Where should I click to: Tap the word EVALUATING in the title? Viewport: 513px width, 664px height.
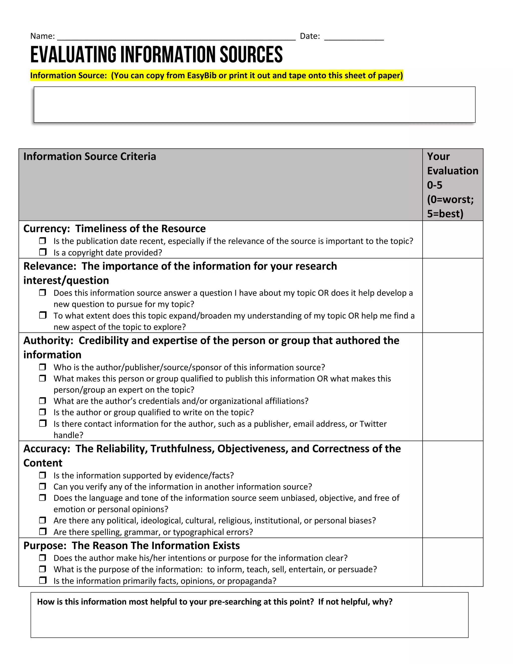[73, 55]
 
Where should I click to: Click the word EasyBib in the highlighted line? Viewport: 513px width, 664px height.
[201, 75]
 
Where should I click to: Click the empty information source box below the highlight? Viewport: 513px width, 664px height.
[254, 104]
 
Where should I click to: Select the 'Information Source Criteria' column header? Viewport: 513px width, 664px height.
[90, 156]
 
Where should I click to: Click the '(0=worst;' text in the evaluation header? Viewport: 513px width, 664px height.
[450, 199]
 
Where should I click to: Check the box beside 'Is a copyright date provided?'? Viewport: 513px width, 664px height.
[43, 252]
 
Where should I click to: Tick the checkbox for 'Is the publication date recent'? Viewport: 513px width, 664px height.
[43, 241]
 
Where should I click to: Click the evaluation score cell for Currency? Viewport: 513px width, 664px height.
[453, 240]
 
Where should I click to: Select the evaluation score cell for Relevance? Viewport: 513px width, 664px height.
[453, 295]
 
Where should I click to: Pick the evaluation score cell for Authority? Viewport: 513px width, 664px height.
[453, 386]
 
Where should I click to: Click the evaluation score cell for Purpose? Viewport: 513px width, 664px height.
[453, 562]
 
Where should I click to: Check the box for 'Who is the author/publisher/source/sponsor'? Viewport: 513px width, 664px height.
[43, 367]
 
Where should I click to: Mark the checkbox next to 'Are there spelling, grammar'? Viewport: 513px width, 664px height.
[43, 531]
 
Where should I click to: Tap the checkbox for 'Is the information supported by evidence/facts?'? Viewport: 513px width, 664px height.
[43, 475]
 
